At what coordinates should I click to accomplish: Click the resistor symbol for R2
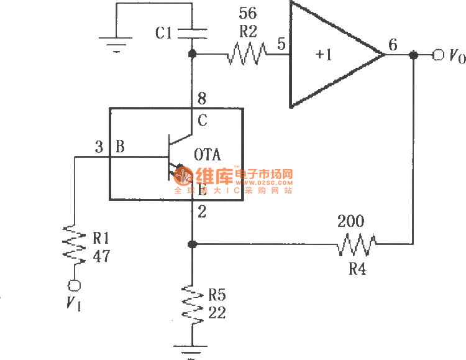[x=248, y=55]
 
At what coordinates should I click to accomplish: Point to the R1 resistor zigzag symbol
[x=73, y=245]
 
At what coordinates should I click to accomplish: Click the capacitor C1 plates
[x=191, y=32]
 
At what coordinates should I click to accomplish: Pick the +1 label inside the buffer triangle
[x=324, y=55]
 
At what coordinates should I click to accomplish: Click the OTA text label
[x=208, y=154]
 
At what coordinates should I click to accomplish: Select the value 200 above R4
[x=350, y=221]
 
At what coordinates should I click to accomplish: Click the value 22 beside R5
[x=217, y=314]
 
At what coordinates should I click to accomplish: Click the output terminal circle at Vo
[x=439, y=55]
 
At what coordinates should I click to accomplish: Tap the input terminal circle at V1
[x=73, y=285]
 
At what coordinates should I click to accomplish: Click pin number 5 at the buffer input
[x=281, y=44]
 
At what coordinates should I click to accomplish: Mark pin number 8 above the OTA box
[x=202, y=99]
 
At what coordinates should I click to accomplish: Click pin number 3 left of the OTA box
[x=99, y=147]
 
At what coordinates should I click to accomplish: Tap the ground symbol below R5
[x=191, y=349]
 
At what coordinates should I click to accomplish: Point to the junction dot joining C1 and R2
[x=191, y=55]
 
